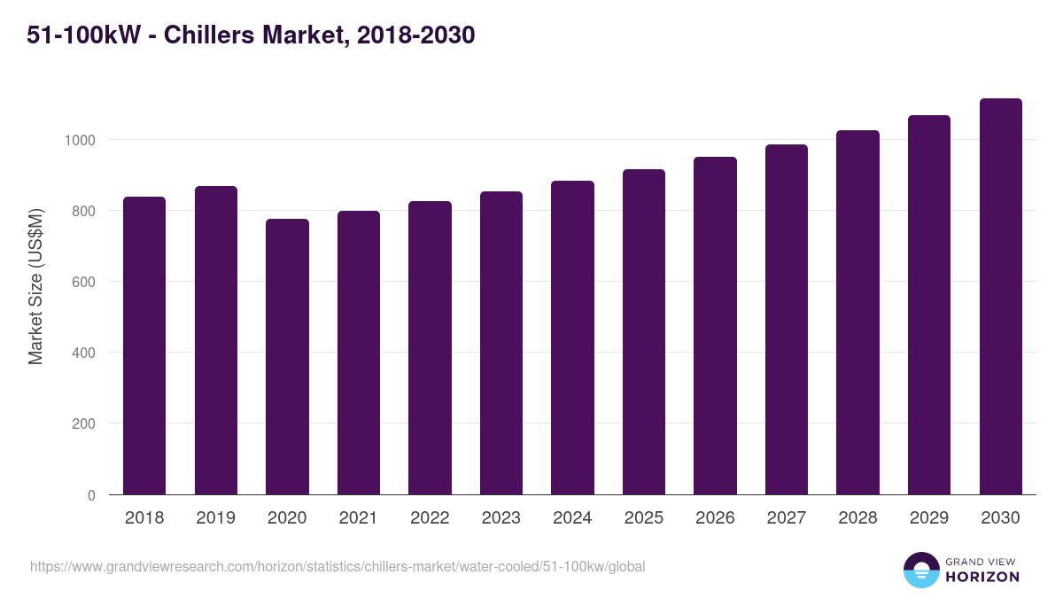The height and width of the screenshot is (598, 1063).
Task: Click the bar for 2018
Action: (x=144, y=346)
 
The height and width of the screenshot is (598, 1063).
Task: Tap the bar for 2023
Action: (x=501, y=343)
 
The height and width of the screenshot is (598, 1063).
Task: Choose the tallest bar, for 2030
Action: (x=1000, y=296)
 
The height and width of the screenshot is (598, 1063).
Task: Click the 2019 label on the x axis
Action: (x=215, y=518)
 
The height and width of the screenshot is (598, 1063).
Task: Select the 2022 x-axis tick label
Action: (x=430, y=518)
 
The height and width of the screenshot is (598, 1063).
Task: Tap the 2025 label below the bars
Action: (x=643, y=518)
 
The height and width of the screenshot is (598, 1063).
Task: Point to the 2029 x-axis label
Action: (x=929, y=518)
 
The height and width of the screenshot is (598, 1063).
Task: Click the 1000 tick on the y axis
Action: (x=79, y=140)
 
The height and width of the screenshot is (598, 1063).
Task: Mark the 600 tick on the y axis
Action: (x=83, y=282)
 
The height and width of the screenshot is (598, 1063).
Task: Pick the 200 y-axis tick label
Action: (x=83, y=423)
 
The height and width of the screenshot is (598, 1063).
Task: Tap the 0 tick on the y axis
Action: (x=91, y=495)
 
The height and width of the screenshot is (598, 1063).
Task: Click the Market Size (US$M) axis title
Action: (x=35, y=286)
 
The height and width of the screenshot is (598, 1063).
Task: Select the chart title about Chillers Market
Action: (x=251, y=35)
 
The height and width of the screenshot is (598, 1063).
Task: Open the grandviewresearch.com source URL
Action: (x=338, y=566)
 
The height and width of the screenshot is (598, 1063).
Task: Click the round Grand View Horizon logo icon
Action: (x=921, y=570)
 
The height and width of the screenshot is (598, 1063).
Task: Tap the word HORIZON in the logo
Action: (x=982, y=577)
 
